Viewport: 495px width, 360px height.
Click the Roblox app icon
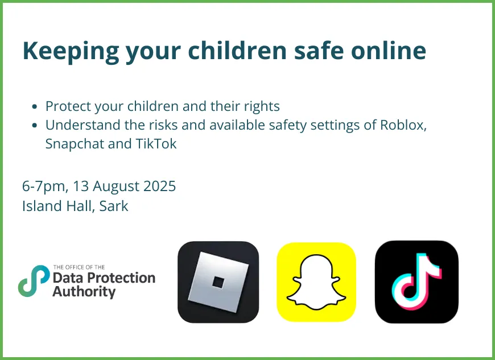point(218,282)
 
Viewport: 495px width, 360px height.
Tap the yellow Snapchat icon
point(316,282)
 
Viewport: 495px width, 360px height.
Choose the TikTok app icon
point(416,282)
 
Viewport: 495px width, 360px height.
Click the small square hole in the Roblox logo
point(218,282)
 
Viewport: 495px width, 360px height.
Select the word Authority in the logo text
point(84,292)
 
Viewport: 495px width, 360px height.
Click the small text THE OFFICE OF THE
point(79,267)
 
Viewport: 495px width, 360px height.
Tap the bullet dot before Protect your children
point(35,106)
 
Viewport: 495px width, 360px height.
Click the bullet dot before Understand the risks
point(35,126)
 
